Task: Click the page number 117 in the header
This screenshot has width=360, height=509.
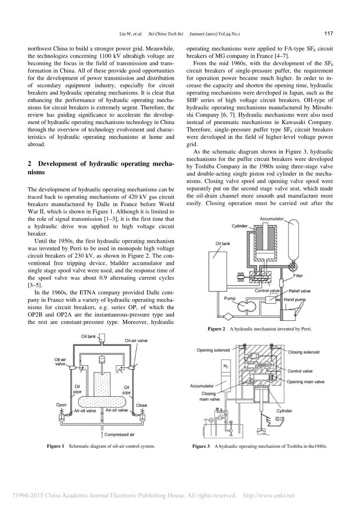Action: click(328, 34)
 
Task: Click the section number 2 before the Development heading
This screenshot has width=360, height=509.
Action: click(30, 164)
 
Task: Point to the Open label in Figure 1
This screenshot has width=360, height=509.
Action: click(61, 405)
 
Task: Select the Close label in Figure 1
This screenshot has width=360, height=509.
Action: click(141, 405)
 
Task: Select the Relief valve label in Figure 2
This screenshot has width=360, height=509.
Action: click(299, 291)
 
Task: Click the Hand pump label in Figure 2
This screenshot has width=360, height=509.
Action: click(295, 300)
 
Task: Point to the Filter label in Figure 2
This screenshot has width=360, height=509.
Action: click(299, 276)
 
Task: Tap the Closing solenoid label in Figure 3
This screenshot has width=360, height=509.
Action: click(304, 352)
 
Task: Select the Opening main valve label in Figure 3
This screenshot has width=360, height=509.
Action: click(306, 382)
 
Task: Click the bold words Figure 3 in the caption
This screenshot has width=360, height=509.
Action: click(201, 446)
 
